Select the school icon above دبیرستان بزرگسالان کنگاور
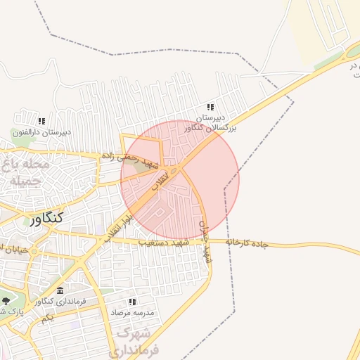[210, 107]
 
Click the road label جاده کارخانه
[247, 243]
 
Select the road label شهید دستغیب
[164, 243]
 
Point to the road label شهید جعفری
[205, 243]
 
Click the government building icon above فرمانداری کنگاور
[60, 291]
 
